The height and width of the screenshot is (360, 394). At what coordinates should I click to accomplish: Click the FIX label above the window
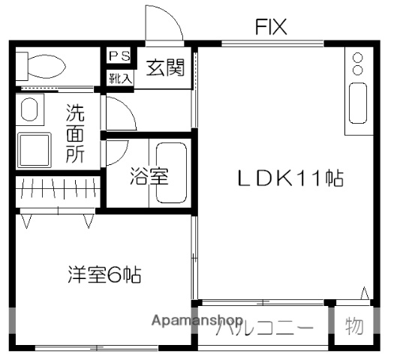[271, 28]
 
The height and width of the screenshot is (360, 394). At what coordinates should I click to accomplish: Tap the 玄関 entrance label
[165, 68]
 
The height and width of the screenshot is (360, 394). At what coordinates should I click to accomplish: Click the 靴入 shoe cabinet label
[119, 76]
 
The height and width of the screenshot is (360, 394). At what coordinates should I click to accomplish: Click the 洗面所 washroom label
[74, 135]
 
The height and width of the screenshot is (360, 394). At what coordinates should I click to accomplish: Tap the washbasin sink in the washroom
[29, 111]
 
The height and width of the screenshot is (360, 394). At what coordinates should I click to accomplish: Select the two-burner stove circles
[357, 64]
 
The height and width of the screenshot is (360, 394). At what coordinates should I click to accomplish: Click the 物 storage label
[353, 326]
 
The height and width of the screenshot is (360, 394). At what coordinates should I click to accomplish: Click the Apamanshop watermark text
[197, 321]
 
